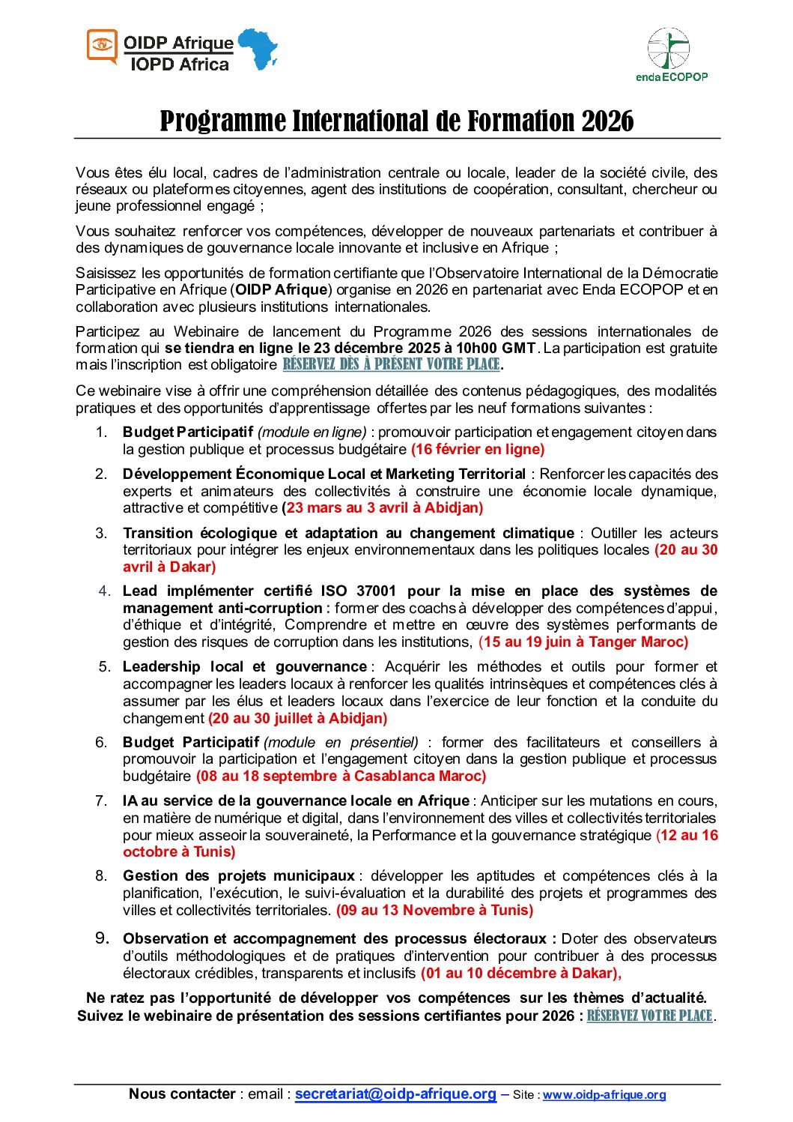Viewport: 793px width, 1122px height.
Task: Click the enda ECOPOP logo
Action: click(670, 54)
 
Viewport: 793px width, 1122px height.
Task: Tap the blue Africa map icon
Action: click(258, 49)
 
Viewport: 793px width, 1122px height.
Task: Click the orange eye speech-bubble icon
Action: click(103, 46)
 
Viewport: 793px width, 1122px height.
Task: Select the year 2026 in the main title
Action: click(607, 121)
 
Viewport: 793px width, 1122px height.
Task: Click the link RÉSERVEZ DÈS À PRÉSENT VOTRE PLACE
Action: click(391, 365)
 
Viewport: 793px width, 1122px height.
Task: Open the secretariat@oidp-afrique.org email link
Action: click(395, 1094)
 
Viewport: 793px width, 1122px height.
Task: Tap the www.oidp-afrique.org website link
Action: click(604, 1095)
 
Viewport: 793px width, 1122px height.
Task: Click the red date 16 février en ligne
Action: click(478, 450)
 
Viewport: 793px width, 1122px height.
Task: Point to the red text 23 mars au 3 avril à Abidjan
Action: click(383, 508)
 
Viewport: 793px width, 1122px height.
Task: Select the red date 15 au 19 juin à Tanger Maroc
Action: click(583, 642)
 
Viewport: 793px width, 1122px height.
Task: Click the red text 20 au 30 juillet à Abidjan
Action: click(298, 719)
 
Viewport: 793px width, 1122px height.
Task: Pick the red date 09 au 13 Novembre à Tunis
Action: click(434, 911)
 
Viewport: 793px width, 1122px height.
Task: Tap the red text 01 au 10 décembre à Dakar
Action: click(520, 974)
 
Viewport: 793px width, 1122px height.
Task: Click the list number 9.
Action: click(102, 938)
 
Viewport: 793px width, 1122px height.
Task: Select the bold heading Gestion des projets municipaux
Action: click(239, 876)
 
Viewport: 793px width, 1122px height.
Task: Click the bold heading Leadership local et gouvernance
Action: click(245, 667)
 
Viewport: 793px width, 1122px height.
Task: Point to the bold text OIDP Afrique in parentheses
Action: click(282, 290)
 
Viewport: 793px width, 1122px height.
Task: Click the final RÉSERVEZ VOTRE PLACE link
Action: click(649, 1016)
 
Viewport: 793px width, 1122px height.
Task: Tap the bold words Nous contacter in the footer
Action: click(182, 1094)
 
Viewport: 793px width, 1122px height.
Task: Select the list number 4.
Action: click(104, 591)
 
